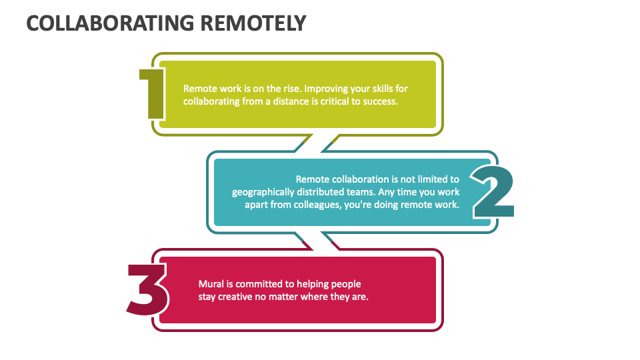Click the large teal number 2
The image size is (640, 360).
(493, 192)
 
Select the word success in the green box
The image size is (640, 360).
(380, 101)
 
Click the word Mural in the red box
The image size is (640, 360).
(211, 284)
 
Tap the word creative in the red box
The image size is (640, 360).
(236, 297)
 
